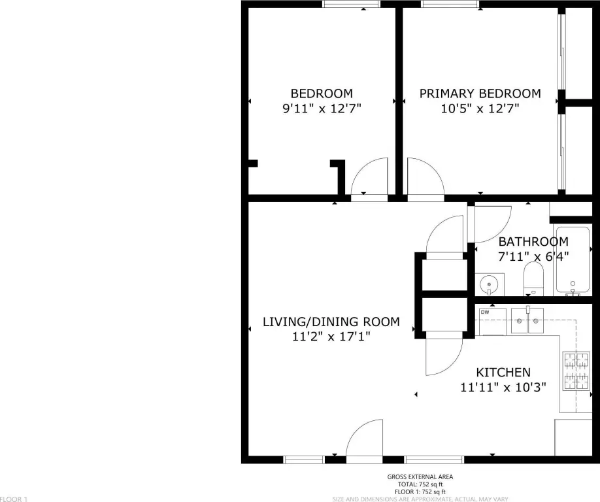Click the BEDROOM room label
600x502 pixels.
(322, 93)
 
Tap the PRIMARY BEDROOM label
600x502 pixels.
(480, 93)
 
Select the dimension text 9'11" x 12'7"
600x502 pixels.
(322, 109)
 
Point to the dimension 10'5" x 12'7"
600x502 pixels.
(480, 109)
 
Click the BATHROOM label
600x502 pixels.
(533, 241)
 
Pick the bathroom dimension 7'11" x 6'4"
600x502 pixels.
(533, 256)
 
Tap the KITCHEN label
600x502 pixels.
(503, 373)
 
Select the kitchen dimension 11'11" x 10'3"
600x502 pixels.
(503, 387)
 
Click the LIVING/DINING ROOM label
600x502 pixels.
(331, 322)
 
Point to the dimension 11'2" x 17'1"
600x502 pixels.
(331, 337)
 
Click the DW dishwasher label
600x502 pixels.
(485, 312)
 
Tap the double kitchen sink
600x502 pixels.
(527, 321)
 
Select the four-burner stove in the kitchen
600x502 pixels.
(577, 371)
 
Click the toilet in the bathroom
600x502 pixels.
(533, 279)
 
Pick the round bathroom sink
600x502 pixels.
(489, 285)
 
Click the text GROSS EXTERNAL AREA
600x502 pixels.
(420, 477)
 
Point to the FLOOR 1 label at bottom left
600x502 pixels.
(14, 499)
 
